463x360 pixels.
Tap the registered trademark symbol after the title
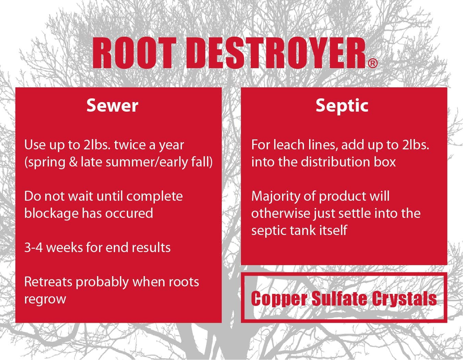[372, 64]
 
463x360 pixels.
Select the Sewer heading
[112, 106]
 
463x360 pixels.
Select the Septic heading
[342, 106]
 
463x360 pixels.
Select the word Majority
[273, 196]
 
